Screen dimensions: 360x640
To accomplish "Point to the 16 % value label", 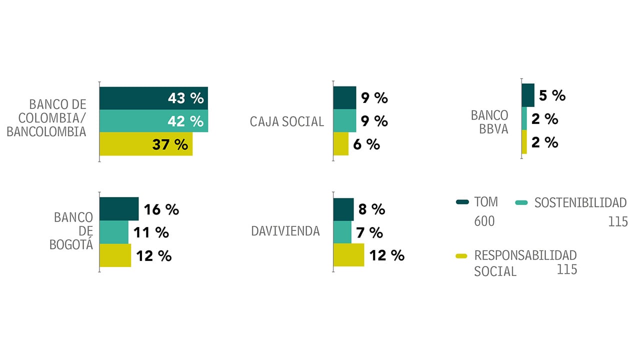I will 161,209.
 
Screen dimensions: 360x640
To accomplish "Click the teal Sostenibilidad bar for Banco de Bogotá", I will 114,232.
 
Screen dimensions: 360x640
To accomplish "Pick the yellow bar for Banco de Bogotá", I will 115,255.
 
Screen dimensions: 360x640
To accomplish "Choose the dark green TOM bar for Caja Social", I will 344,97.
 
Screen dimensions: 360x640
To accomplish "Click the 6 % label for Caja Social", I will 366,144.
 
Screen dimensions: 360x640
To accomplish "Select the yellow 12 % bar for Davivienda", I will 349,255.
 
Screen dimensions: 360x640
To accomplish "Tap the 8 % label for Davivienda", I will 371,209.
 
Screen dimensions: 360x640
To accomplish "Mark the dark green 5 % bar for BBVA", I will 528,95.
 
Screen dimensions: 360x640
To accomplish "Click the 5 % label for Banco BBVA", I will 552,95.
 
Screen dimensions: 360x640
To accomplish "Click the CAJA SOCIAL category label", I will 287,121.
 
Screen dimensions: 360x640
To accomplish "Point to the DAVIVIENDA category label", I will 285,231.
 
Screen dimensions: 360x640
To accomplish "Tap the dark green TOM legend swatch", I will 462,202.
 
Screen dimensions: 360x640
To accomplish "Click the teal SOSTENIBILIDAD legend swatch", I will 521,202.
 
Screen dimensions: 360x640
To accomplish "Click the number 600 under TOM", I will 484,221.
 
